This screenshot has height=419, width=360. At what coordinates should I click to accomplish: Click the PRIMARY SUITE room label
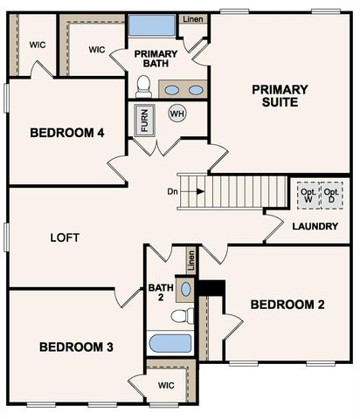280,95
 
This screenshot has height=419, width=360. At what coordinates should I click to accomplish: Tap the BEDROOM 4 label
67,133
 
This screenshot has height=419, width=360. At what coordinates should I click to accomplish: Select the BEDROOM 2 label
287,305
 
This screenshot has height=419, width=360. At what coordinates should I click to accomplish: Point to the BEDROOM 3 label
77,347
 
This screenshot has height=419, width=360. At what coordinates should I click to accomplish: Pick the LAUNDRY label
315,226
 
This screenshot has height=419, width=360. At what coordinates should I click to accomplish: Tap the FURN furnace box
144,119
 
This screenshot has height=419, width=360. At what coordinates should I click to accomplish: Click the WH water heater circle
177,113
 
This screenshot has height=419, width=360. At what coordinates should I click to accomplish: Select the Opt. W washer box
308,194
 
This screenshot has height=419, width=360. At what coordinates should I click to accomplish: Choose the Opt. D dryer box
332,194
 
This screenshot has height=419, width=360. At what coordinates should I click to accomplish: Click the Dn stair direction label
172,191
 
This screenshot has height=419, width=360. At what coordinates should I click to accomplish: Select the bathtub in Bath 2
170,342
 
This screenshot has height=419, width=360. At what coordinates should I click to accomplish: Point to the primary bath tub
152,24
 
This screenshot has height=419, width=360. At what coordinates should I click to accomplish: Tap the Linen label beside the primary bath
193,19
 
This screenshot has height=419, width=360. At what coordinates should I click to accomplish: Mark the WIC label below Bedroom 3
166,385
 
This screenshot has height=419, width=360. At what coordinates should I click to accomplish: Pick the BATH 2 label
160,292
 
